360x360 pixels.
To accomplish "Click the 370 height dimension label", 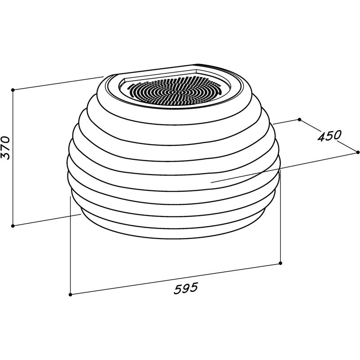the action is point(5,148).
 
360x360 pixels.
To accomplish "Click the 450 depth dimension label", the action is point(330,136).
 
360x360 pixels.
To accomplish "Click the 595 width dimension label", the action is point(186,288).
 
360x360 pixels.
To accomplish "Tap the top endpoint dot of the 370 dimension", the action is point(13,90).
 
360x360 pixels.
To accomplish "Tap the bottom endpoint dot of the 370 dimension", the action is point(13,226).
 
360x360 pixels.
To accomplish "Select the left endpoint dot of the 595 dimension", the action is point(71,295).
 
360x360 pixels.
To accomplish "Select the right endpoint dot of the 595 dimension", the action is point(280,263).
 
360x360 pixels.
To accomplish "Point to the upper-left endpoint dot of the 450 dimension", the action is point(299,120).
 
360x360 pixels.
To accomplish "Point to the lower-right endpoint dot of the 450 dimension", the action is point(358,152).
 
